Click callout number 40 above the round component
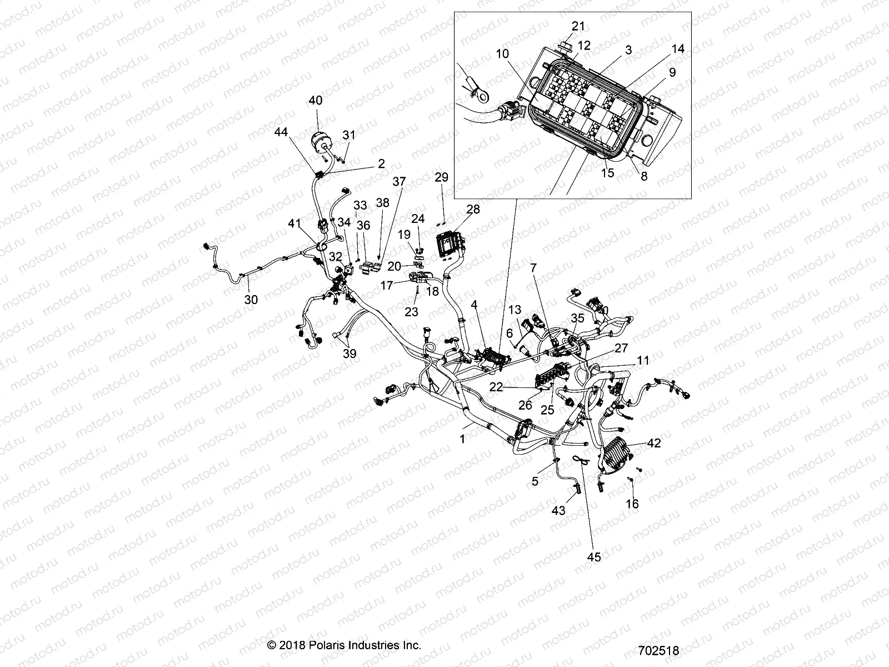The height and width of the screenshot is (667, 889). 315,101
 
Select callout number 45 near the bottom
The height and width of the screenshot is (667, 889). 594,557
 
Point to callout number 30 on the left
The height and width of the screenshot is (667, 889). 251,300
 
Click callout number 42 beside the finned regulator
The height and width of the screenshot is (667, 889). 654,443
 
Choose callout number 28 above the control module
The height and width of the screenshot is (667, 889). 473,210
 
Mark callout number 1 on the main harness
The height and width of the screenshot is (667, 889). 462,439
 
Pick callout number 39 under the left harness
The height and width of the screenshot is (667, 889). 349,354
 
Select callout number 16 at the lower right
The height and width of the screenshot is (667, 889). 632,504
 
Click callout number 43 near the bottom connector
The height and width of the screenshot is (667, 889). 558,510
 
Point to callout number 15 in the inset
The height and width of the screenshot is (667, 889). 608,172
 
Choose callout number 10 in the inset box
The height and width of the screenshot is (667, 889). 502,53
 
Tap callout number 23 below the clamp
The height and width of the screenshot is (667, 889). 411,312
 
